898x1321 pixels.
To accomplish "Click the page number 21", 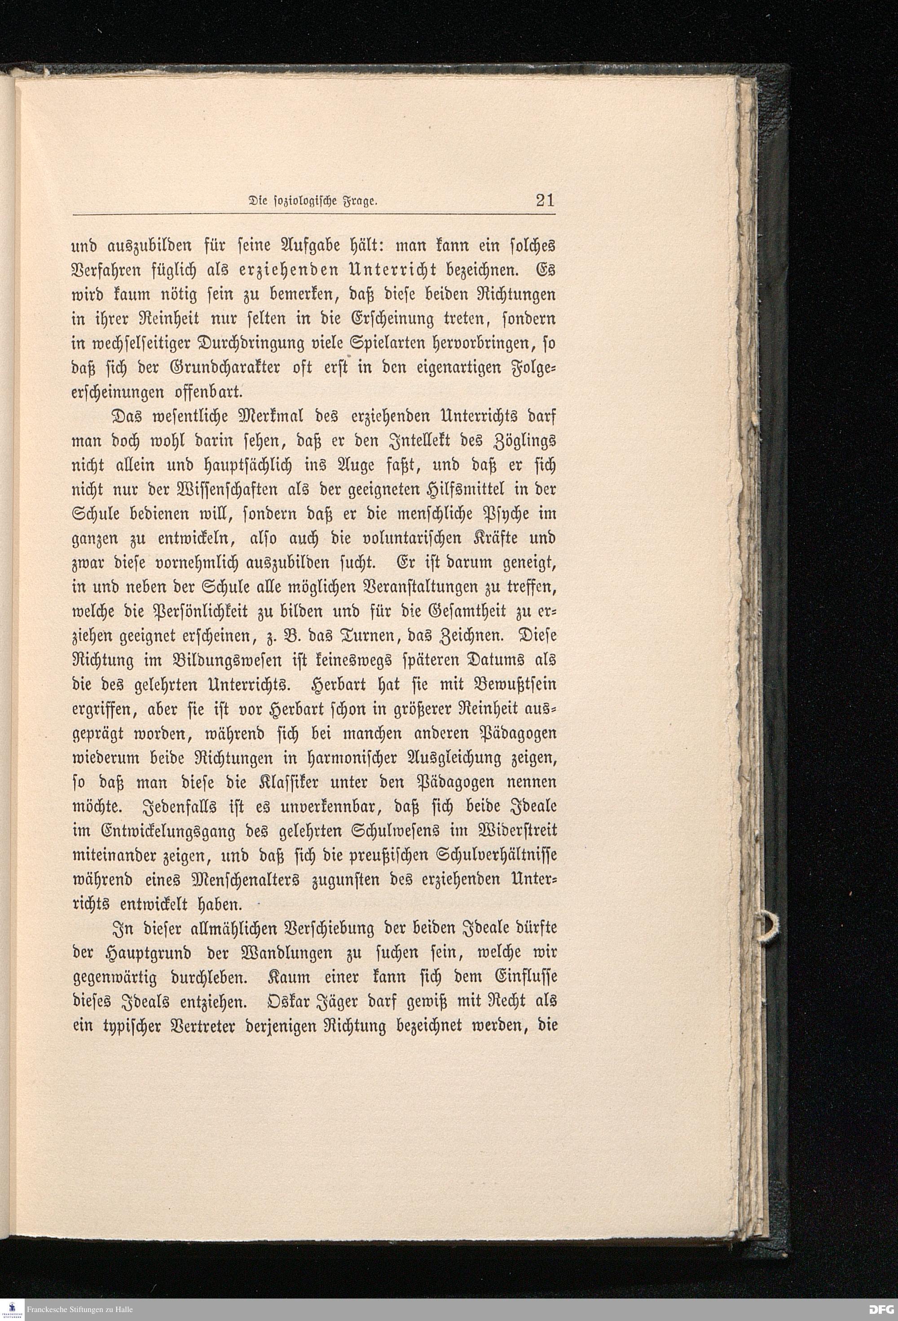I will [x=545, y=201].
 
